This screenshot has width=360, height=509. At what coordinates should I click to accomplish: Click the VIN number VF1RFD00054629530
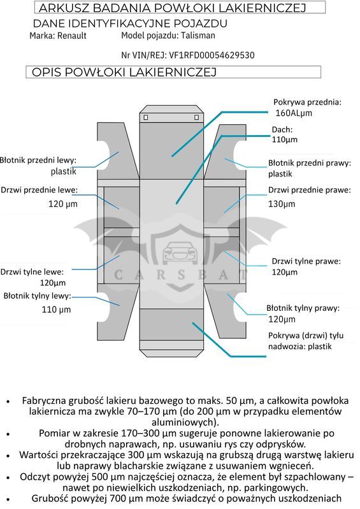click(212, 55)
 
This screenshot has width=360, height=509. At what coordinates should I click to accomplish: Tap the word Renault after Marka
click(72, 36)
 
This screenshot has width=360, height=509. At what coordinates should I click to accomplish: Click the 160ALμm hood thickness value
click(294, 113)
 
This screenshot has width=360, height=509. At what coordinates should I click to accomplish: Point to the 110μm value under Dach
click(285, 140)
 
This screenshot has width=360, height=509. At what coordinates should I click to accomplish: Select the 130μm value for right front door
click(282, 204)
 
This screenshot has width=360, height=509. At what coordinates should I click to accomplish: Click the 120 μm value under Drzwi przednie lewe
click(63, 204)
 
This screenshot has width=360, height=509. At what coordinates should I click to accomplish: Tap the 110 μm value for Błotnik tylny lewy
click(56, 310)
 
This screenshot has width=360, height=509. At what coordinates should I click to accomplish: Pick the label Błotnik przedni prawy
click(310, 163)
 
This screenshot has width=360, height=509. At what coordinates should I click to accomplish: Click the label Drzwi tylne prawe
click(306, 261)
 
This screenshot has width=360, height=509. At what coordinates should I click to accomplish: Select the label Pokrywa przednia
click(307, 103)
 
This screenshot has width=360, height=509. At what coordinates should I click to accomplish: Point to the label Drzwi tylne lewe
click(32, 272)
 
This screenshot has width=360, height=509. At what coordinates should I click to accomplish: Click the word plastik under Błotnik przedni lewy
click(63, 171)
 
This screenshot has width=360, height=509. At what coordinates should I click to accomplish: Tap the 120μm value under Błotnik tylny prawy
click(282, 319)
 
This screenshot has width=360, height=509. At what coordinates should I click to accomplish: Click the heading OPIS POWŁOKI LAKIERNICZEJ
click(124, 72)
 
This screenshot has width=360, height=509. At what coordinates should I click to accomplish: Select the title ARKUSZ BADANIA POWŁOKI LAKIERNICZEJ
click(173, 8)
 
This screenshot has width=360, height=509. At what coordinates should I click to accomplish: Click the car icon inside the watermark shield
click(180, 251)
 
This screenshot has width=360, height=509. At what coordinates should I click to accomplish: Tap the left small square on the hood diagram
click(146, 117)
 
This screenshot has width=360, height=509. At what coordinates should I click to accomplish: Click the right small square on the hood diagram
click(196, 117)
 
